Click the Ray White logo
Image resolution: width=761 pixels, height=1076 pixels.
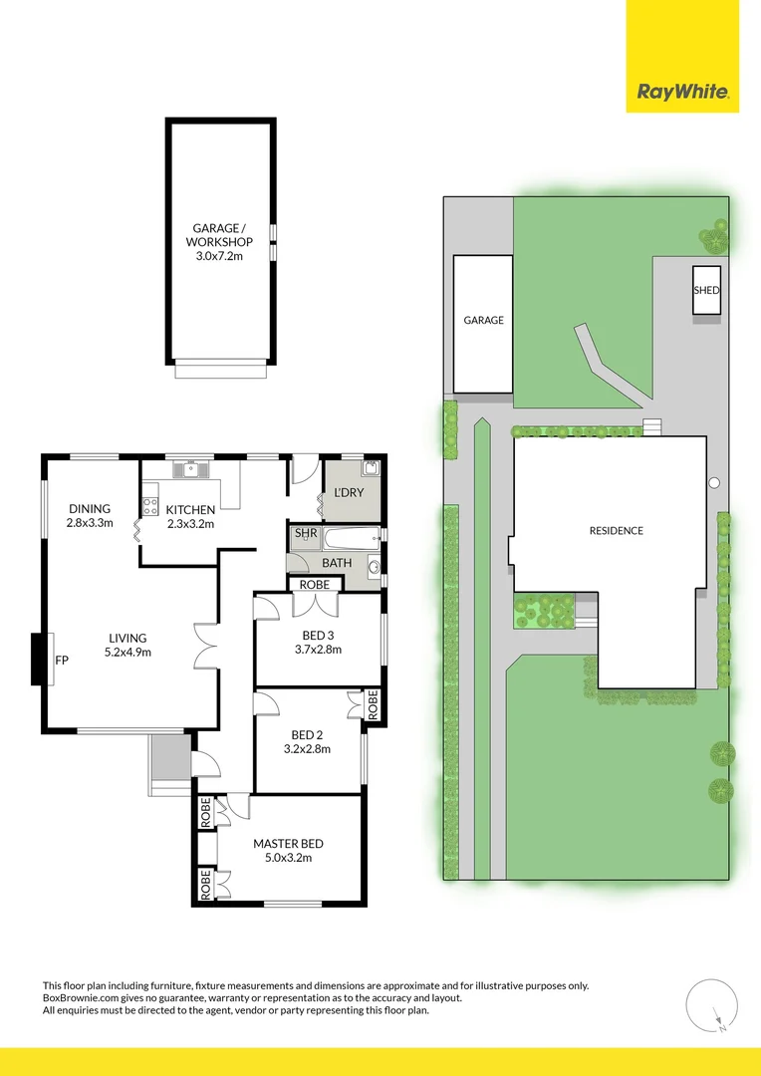coord(682,93)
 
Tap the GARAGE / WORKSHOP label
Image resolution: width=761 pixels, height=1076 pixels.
coord(219,235)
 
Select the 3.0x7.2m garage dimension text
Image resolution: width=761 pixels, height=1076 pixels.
coord(219,256)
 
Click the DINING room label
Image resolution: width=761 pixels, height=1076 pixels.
coord(89,509)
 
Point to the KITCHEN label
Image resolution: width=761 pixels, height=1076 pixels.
coord(190,510)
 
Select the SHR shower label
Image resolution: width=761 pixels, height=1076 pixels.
coord(306,534)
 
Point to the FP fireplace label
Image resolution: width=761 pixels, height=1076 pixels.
coord(62,660)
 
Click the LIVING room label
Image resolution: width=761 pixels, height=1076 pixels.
coord(128,639)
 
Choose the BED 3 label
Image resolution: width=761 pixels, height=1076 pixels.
coord(318,635)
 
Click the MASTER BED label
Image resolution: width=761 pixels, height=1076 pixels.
coord(288,844)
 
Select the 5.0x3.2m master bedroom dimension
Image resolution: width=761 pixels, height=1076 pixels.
coord(288,858)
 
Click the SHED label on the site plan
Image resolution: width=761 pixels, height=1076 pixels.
coord(706,290)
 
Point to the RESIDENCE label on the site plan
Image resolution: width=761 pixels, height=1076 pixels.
coord(617,531)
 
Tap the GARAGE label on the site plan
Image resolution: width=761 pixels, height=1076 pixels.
coord(483,321)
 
